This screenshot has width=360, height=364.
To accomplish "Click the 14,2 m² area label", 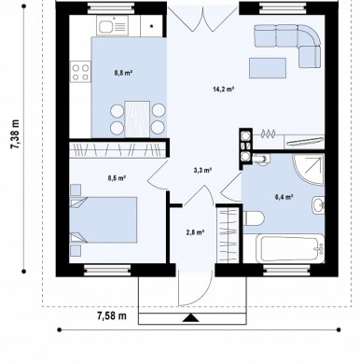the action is (223, 90).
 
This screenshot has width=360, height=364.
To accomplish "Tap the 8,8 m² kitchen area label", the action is (123, 73).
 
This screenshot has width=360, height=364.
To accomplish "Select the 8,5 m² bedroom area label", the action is (117, 178).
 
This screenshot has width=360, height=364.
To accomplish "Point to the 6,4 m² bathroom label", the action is (284, 197).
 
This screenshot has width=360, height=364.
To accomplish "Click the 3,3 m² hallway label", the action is (202, 170).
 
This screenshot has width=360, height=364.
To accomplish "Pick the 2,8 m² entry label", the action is (195, 232).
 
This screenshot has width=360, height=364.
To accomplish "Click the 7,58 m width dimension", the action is (112, 315).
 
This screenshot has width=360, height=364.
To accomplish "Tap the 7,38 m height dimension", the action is (15, 134).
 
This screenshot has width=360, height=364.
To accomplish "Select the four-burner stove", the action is (80, 72).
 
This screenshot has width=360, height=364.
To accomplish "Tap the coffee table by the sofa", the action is (268, 68).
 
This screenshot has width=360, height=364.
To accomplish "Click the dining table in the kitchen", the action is (137, 119).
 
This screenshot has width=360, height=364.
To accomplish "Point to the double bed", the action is (103, 219).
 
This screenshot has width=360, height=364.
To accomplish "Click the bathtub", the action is (290, 249).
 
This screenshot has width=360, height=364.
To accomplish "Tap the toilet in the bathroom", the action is (253, 218).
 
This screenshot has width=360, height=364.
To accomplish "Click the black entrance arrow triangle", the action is (190, 318).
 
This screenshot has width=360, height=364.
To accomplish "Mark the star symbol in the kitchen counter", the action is (152, 26).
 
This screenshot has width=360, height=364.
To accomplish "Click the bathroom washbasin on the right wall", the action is (318, 205).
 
